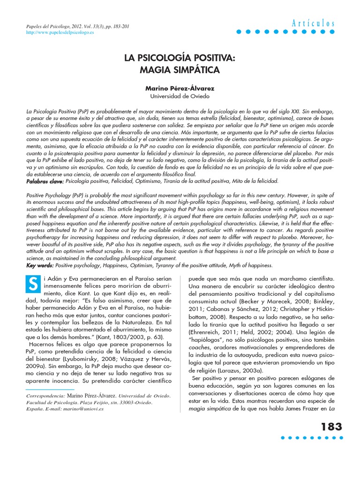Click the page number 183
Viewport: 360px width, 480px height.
[x=331, y=427]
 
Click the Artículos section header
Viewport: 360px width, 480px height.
[x=314, y=23]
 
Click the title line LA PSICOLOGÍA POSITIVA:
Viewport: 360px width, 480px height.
[x=180, y=60]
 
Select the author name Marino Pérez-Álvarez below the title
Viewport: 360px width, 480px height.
[x=180, y=88]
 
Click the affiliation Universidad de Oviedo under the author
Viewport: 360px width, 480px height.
[x=180, y=96]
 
